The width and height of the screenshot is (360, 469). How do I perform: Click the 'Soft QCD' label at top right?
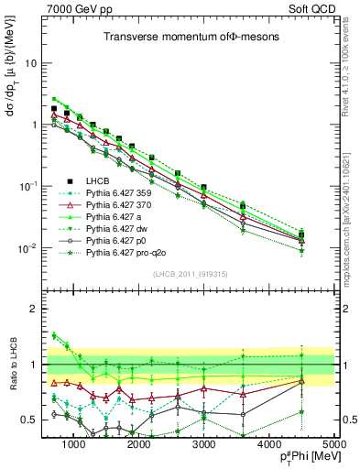309,9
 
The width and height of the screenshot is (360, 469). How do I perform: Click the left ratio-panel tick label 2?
34,309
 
